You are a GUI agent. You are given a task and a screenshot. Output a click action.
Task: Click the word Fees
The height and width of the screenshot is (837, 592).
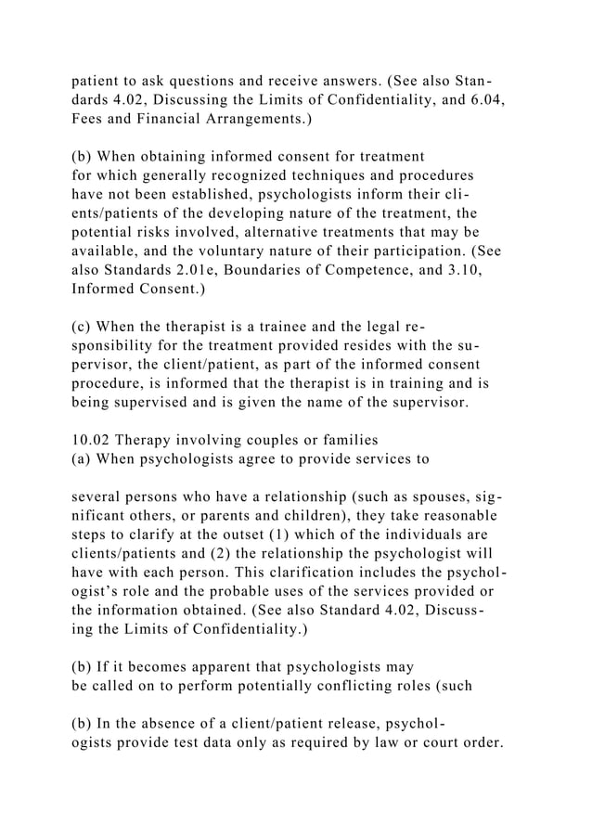pyautogui.click(x=89, y=119)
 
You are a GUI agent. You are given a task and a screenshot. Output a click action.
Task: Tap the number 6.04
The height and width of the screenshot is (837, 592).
pyautogui.click(x=487, y=98)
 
